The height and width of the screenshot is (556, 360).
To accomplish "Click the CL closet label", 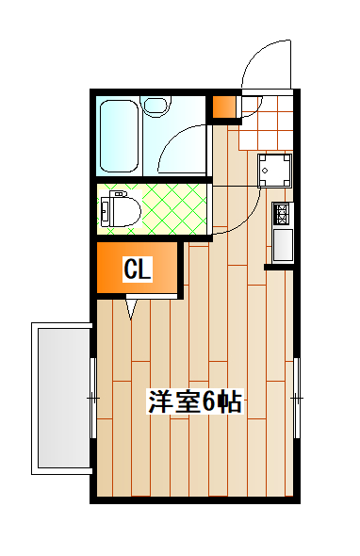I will click(138, 270).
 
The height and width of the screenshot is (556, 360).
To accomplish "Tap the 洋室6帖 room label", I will click(195, 402).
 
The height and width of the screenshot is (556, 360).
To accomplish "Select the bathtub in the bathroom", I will click(121, 134).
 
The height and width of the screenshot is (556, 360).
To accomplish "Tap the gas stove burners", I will click(281, 214).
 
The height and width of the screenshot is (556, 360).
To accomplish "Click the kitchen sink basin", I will click(282, 246).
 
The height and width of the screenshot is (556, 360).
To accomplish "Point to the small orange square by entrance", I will click(223, 107).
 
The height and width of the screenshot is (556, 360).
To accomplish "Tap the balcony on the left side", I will click(62, 398).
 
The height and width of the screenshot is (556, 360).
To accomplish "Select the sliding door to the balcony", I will click(93, 398).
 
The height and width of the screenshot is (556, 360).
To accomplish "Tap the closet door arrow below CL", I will click(131, 307).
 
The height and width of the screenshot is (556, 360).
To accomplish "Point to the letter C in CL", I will click(131, 270).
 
